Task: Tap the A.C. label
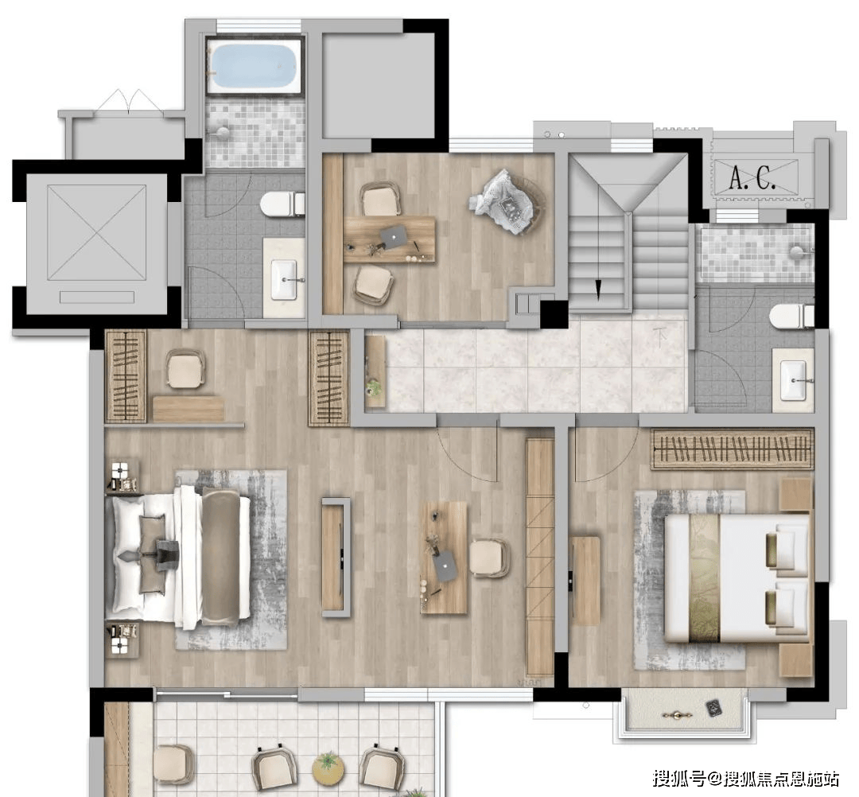coord(753,177)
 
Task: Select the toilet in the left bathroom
coord(282,204)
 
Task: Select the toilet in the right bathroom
coord(791,316)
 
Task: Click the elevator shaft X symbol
coord(97,232)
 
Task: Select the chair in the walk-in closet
coord(185,368)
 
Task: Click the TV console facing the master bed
coord(336,557)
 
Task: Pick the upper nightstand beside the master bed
coord(122,476)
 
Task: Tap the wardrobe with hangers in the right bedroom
coord(732,449)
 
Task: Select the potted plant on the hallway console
coord(375,387)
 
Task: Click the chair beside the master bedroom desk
coord(490,558)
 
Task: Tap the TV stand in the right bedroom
coord(585,581)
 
